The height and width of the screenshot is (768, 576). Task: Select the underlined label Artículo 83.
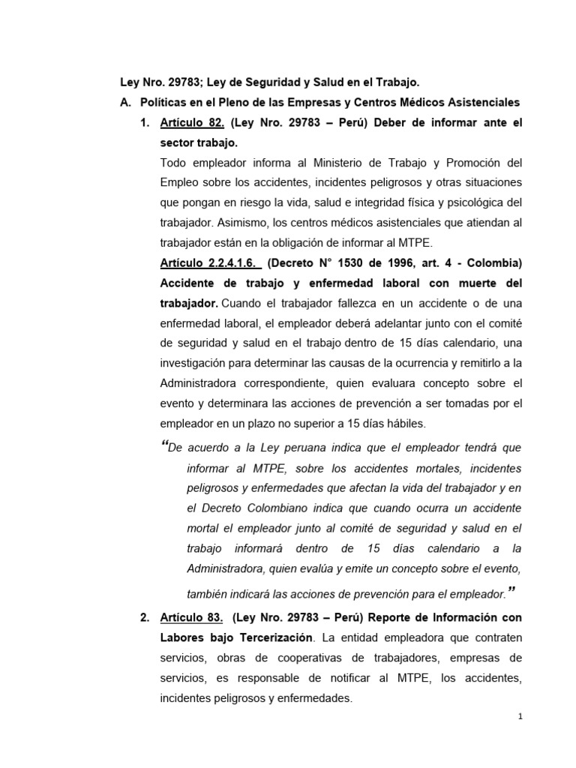pos(191,617)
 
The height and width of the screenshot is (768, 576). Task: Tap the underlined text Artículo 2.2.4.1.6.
pos(211,264)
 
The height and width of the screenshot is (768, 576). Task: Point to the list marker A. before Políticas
pos(127,102)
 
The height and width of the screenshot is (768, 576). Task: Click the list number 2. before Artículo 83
pos(145,617)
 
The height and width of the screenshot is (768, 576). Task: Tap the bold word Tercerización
pos(271,637)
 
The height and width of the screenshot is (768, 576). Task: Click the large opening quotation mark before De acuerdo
pos(165,445)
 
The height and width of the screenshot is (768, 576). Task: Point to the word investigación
pos(196,364)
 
